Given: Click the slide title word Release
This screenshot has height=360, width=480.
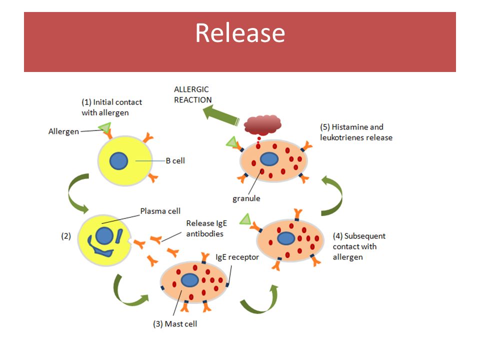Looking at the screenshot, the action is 240,33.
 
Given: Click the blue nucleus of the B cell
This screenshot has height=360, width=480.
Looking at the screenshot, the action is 118,160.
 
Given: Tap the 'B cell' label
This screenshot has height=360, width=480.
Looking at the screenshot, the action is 175,160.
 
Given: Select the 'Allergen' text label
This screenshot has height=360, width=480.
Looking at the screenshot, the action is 63,131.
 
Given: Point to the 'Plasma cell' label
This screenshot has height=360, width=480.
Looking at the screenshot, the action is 160,211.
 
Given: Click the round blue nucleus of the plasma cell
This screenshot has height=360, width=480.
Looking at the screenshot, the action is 104,235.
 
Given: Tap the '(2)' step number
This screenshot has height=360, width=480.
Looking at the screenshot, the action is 66,236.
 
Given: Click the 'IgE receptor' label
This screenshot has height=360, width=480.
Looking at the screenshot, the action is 237,257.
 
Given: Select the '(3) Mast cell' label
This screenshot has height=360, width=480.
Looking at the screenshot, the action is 175,324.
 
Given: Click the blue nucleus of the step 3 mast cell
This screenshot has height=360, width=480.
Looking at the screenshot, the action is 190,280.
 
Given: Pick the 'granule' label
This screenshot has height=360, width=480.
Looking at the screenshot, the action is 246,198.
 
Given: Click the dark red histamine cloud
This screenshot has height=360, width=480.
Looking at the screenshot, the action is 262,125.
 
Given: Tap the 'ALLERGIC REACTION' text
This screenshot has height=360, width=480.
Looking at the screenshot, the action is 193,94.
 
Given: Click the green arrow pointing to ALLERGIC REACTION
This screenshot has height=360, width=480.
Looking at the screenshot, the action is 221,115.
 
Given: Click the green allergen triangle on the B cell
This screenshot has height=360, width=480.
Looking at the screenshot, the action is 105,127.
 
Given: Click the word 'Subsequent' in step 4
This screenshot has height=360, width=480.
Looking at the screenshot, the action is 364,236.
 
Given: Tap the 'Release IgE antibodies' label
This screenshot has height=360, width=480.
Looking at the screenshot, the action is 206,228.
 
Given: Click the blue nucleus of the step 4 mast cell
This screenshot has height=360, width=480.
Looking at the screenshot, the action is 286,238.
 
